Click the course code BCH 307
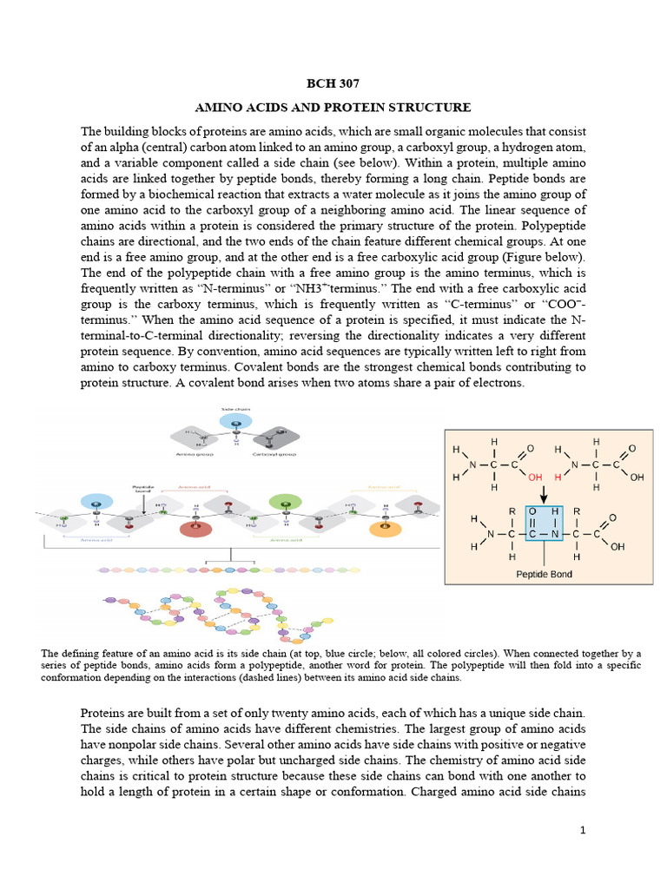tap(333, 84)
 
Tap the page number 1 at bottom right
tap(584, 831)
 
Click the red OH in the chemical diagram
tap(534, 477)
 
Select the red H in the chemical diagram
tap(555, 477)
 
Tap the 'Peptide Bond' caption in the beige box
tap(545, 574)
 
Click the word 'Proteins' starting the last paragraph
tap(104, 713)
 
